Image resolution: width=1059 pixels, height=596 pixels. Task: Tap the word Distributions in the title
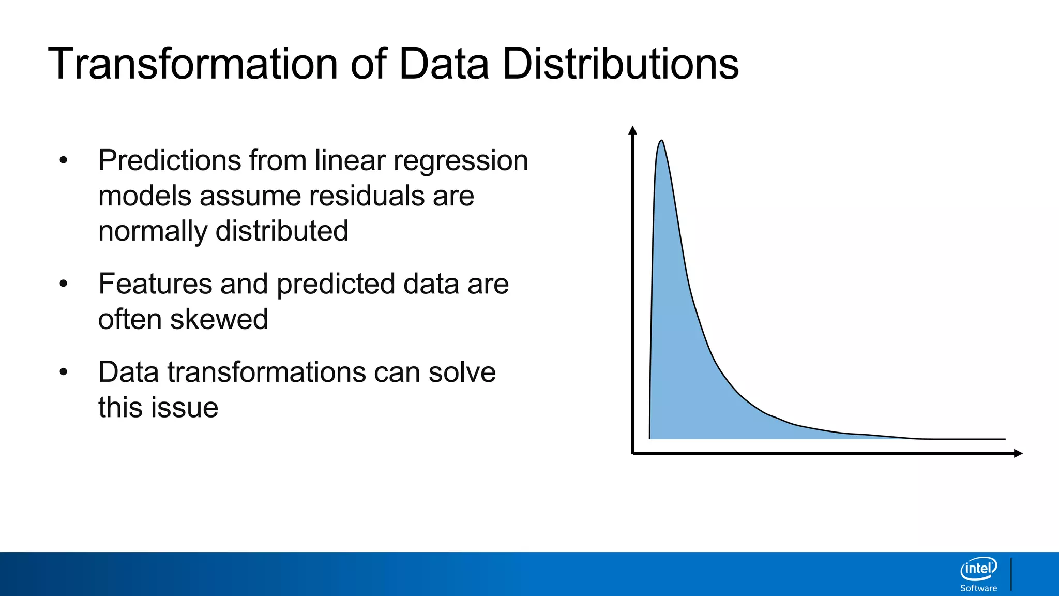click(x=620, y=64)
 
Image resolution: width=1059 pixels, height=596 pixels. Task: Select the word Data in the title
click(x=443, y=64)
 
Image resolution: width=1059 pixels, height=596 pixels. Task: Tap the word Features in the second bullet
click(x=155, y=284)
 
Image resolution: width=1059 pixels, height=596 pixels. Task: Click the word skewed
click(x=219, y=319)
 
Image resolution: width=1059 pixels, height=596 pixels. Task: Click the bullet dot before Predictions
click(x=64, y=161)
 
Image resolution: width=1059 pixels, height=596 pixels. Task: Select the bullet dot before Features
click(x=64, y=284)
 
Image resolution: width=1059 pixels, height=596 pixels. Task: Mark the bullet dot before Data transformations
click(x=64, y=373)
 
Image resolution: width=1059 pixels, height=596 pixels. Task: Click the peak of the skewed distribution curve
click(x=661, y=141)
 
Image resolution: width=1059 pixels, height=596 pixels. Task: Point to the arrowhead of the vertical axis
click(x=632, y=130)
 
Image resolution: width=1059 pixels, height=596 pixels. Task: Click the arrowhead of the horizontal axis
click(x=1018, y=454)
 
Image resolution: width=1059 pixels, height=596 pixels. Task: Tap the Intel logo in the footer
click(x=978, y=569)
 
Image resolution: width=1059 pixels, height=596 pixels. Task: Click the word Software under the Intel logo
click(x=978, y=588)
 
